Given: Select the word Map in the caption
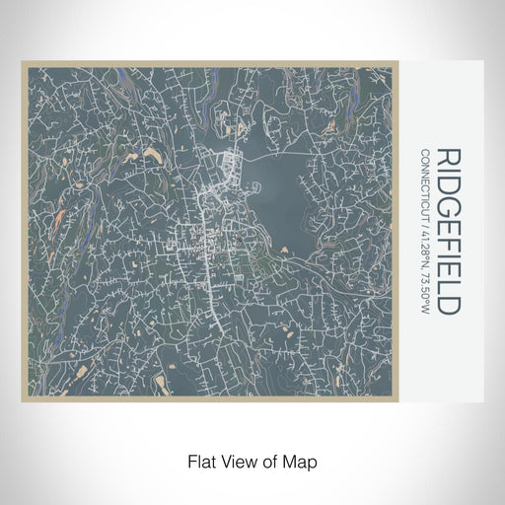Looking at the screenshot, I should pyautogui.click(x=302, y=459).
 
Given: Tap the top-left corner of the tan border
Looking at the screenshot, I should pyautogui.click(x=22, y=63).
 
